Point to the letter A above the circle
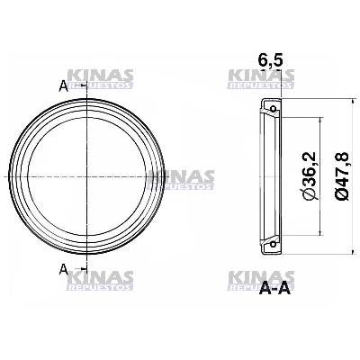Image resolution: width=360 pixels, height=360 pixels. point(62,86)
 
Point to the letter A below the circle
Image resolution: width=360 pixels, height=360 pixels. point(62,268)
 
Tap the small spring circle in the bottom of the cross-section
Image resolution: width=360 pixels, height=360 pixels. point(269,244)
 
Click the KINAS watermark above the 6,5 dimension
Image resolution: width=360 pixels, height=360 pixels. point(257,80)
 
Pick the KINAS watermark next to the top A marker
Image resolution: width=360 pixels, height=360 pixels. point(101,79)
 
